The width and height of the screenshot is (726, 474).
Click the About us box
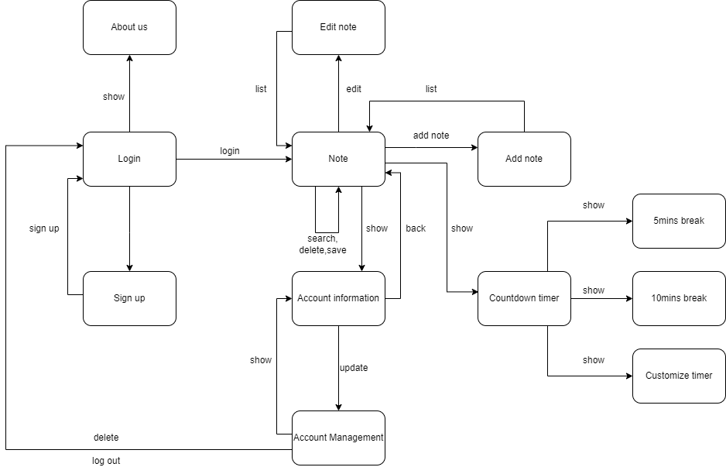point(129,27)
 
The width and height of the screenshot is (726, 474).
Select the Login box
point(129,159)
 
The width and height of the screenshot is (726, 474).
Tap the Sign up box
point(129,298)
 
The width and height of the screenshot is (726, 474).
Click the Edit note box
point(338,27)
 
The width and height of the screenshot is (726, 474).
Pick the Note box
point(338,159)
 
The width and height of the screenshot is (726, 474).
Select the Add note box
point(524,159)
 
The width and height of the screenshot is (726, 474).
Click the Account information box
point(338,298)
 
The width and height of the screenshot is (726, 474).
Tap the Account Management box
point(338,438)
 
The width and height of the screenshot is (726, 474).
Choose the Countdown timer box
point(524,298)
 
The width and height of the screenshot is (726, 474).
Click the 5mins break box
point(679,221)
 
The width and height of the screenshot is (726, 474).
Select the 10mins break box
point(679,298)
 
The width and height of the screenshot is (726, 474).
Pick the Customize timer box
point(679,376)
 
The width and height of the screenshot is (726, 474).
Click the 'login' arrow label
point(230,151)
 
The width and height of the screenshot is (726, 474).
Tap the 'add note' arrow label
point(431,136)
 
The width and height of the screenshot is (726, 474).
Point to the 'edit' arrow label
point(354,89)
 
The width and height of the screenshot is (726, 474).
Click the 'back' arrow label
point(416,228)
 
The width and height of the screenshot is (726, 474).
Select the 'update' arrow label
point(354,368)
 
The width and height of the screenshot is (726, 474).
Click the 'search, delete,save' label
point(323,244)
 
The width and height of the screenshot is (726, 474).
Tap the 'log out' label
point(106,461)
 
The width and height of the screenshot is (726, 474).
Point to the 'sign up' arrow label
point(44,228)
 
